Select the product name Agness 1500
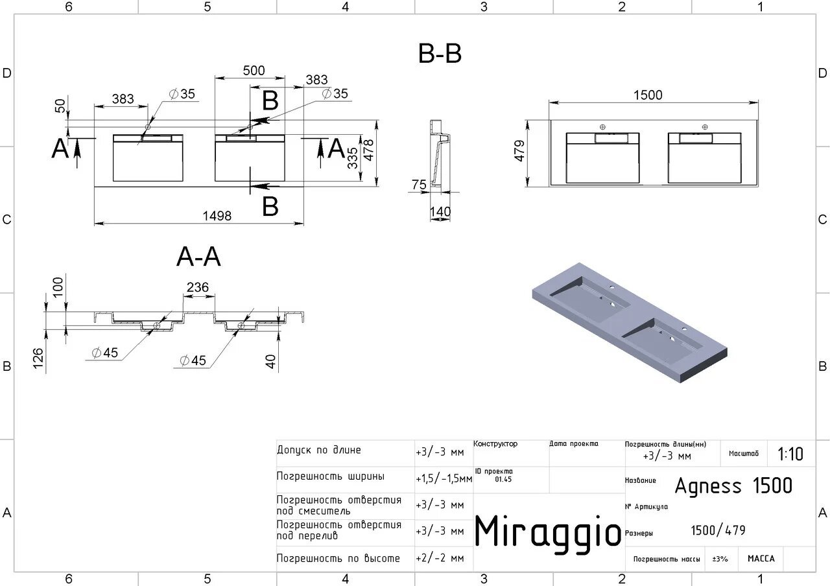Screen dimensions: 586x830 [x=733, y=486]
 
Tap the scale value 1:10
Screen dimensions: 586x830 [x=790, y=454]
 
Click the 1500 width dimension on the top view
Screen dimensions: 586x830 [x=648, y=95]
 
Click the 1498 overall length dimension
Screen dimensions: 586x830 [x=217, y=216]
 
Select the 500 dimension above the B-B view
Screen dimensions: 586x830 [x=254, y=71]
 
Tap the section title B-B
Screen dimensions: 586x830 [x=440, y=54]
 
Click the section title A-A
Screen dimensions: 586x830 [x=198, y=257]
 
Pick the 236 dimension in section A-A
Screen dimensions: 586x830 [x=197, y=287]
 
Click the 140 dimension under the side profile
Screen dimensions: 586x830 [x=440, y=212]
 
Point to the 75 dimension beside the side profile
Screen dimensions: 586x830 [x=419, y=185]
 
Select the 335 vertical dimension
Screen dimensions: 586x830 [x=353, y=158]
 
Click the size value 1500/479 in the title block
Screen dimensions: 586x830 [x=718, y=530]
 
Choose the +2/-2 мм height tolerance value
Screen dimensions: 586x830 [x=440, y=558]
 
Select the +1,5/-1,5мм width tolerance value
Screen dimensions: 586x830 [x=444, y=478]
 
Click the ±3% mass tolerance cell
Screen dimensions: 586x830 [x=720, y=559]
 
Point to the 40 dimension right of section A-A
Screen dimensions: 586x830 [x=272, y=362]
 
